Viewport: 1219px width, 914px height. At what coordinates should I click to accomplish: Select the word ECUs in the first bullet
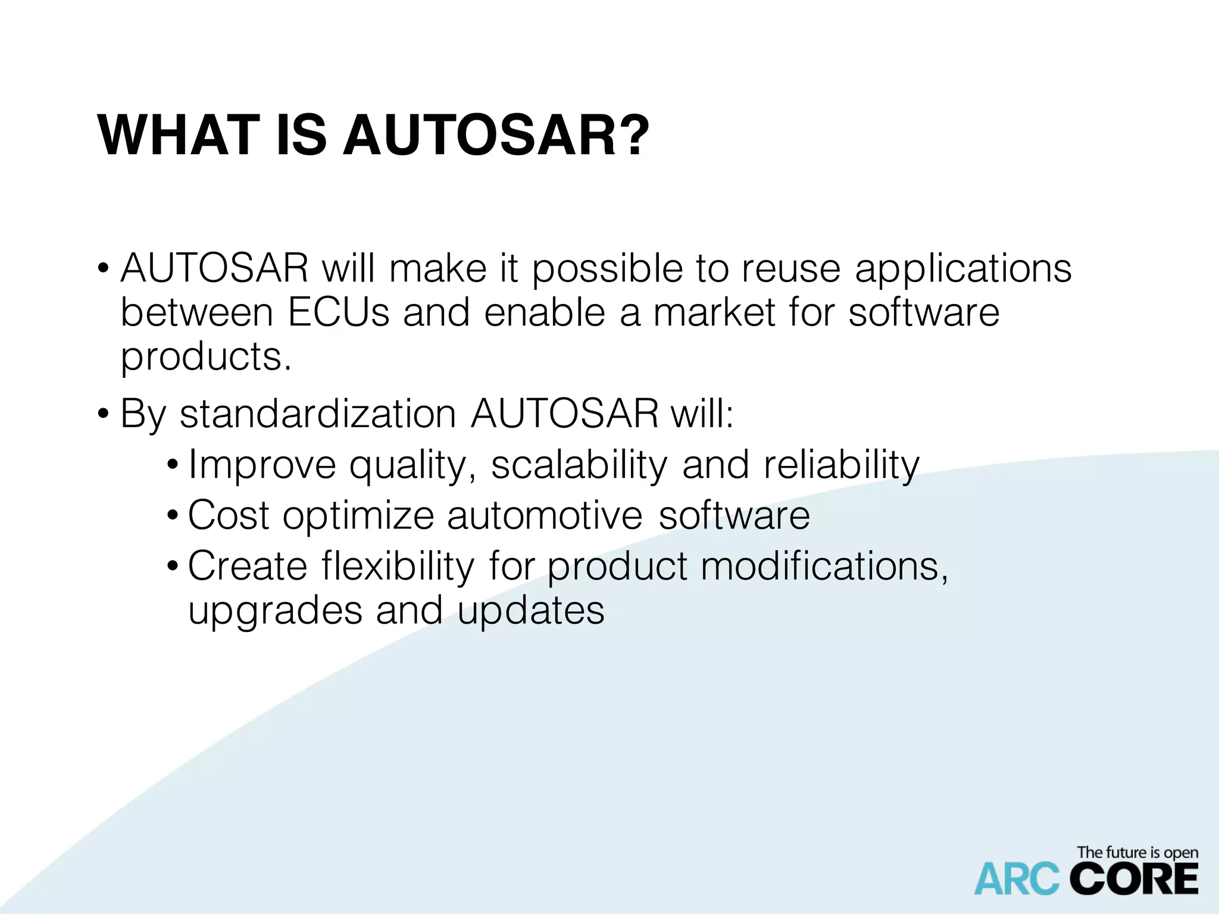point(338,312)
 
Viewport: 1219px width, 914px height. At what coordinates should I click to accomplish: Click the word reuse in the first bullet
point(790,268)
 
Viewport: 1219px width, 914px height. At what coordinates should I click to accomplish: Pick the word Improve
point(262,466)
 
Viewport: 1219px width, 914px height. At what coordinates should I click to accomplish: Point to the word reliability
point(842,466)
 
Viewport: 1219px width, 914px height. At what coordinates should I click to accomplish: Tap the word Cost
point(228,515)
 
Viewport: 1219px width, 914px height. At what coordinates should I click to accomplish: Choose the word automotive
point(545,515)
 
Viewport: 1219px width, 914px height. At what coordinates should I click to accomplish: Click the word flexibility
point(398,566)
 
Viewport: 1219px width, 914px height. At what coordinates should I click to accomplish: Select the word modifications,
point(824,566)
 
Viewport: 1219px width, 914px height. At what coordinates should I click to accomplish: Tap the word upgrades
point(275,612)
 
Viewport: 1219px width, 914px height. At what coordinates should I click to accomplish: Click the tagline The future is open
point(1137,853)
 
